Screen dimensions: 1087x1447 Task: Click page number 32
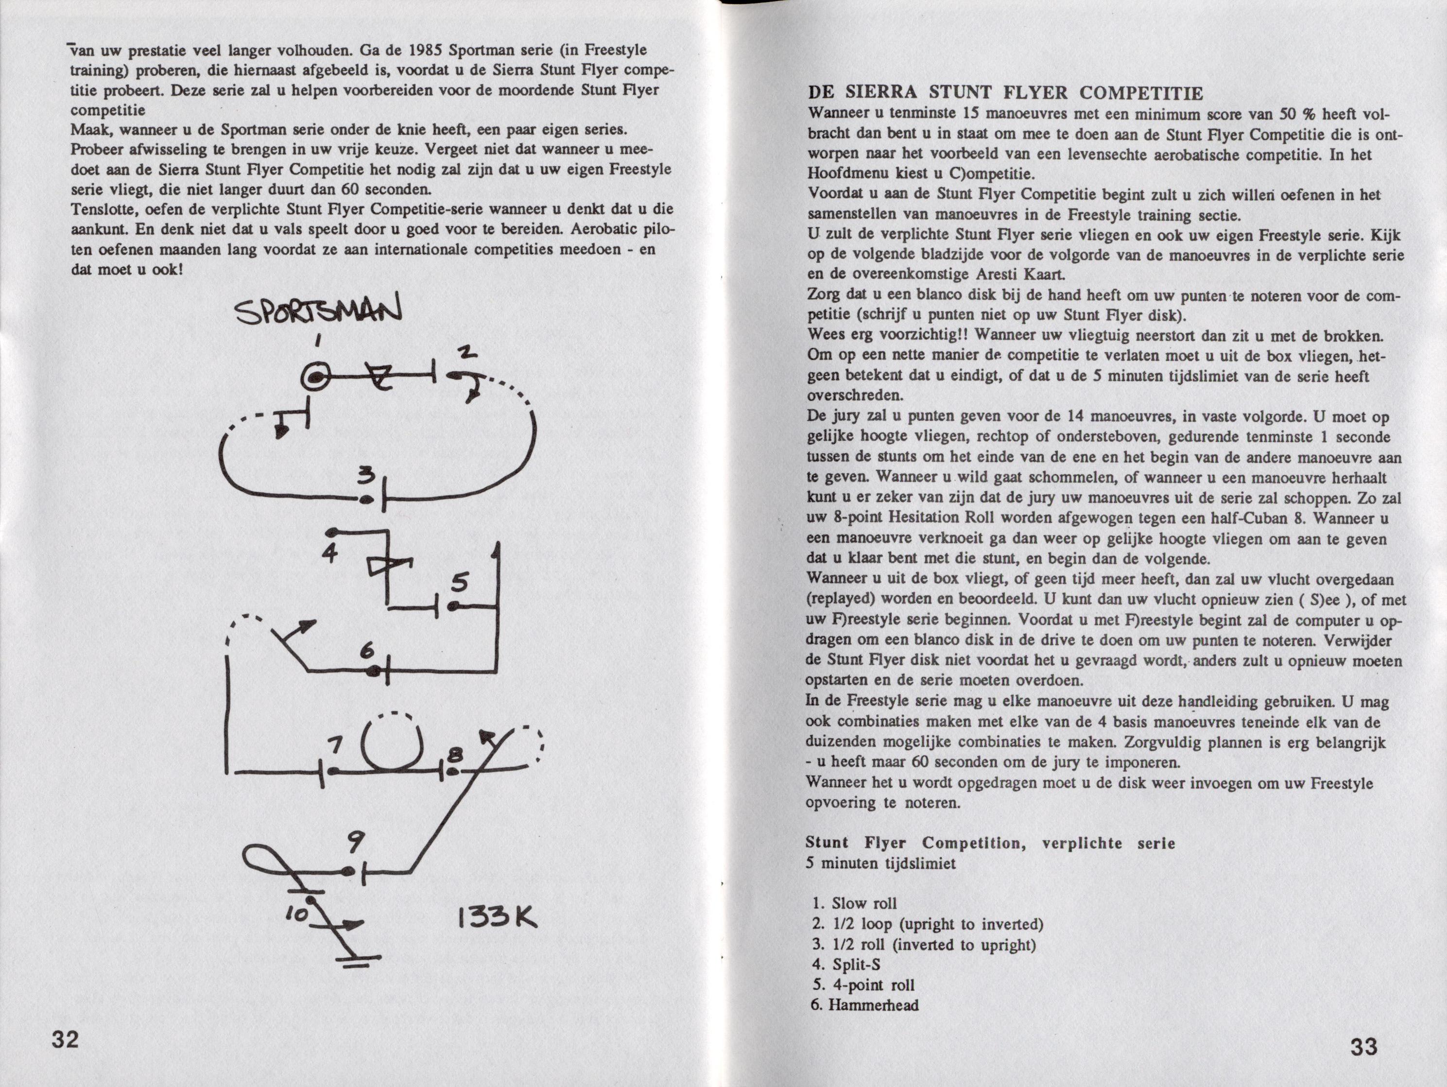pos(66,1038)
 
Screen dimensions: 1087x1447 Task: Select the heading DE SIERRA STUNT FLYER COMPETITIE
pos(1005,93)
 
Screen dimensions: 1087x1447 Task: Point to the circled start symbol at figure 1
pos(315,377)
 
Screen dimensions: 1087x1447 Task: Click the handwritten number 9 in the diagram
pos(353,845)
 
